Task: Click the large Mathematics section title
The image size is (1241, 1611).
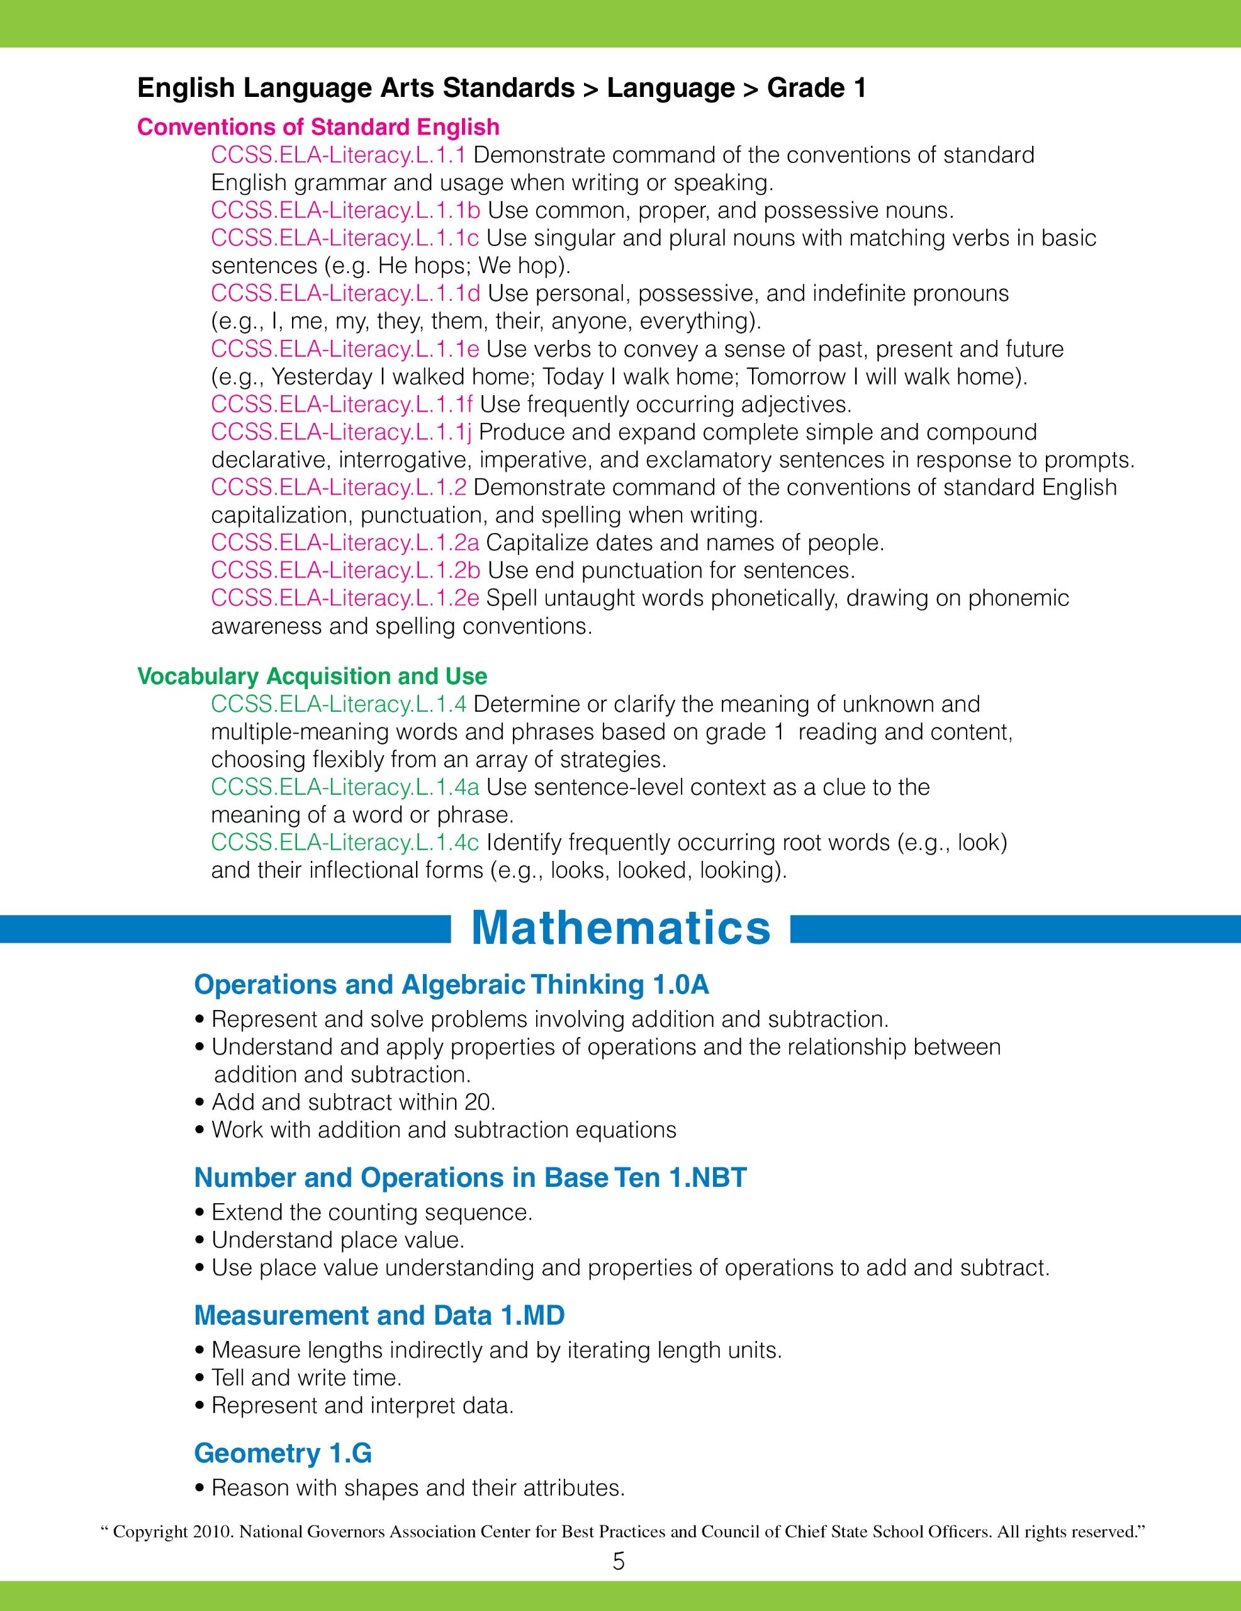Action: click(x=620, y=928)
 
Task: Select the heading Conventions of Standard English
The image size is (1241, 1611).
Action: click(x=318, y=127)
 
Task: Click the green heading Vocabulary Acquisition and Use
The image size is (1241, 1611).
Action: click(x=312, y=676)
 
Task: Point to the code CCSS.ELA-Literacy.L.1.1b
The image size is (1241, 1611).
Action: click(x=345, y=210)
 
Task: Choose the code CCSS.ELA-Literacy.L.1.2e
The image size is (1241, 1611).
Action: click(x=345, y=598)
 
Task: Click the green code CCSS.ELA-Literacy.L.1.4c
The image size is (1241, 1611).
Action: click(x=345, y=843)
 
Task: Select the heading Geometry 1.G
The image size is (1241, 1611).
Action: click(x=283, y=1453)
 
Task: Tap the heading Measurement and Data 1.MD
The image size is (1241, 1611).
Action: click(x=379, y=1315)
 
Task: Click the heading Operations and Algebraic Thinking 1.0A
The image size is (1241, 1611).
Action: click(x=451, y=985)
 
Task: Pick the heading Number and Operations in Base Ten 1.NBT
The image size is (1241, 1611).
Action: click(x=470, y=1177)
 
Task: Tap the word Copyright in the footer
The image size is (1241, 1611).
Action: click(x=150, y=1532)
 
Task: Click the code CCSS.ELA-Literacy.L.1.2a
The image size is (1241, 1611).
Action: click(x=345, y=543)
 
